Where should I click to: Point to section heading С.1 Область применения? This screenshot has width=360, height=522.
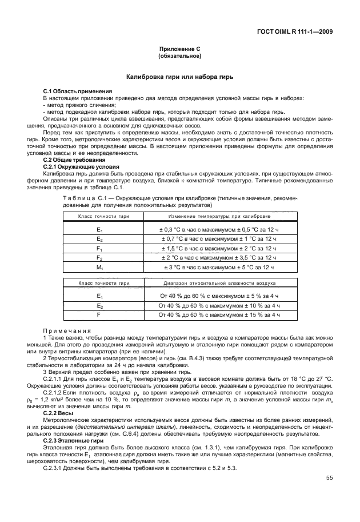click(x=78, y=91)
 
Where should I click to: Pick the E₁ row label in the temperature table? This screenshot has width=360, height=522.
click(x=99, y=229)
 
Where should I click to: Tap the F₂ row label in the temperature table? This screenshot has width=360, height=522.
click(x=99, y=258)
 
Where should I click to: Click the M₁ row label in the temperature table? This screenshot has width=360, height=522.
click(x=99, y=268)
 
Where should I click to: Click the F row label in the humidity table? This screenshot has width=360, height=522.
click(x=99, y=315)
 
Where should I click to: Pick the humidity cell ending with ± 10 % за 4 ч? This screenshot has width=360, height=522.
click(x=219, y=306)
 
